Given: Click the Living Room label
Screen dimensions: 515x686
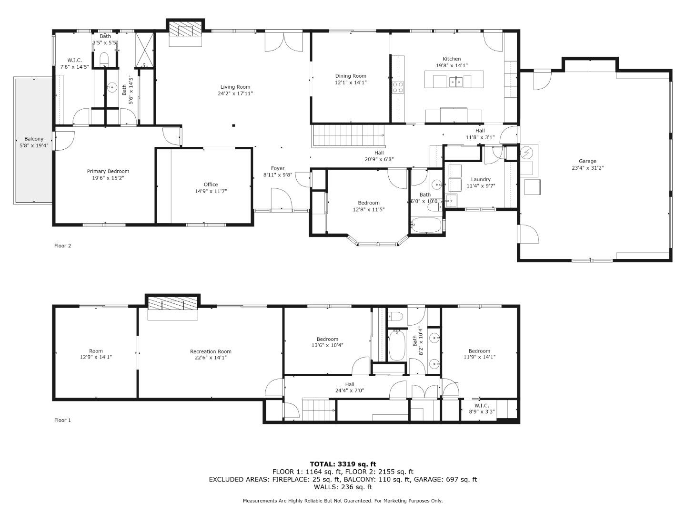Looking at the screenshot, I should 235,87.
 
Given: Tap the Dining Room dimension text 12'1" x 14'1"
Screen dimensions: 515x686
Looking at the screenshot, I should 351,82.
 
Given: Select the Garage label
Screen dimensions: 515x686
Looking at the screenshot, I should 587,161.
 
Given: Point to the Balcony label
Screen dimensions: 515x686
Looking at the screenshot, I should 34,139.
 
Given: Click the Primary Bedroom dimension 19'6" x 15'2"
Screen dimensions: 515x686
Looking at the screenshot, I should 108,178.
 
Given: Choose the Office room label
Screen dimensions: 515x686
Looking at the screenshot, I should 211,185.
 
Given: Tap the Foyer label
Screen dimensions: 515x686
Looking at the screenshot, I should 278,168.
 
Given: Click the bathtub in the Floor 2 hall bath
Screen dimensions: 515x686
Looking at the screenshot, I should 426,225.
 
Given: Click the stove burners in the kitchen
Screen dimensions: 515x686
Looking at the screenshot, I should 397,87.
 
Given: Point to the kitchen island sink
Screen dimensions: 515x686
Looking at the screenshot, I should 456,82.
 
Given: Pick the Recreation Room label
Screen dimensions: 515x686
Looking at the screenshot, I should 211,351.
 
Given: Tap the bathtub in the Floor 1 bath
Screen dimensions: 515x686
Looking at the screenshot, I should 397,346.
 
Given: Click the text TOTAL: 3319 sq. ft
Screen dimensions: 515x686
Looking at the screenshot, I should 343,464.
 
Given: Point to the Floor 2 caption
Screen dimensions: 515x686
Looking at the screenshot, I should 62,246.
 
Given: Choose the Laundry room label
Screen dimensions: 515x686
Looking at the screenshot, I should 480,179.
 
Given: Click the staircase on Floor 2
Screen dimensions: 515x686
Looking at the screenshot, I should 349,136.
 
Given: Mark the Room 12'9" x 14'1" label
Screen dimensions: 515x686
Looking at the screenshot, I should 96,351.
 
